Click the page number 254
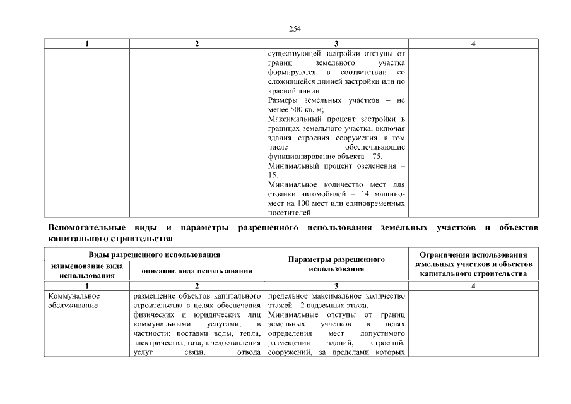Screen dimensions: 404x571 tap(294, 28)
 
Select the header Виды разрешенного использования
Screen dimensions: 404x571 tap(154, 254)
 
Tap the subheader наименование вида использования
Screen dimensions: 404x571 tap(86, 271)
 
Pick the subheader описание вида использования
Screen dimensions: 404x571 tap(196, 271)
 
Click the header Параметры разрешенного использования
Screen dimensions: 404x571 tap(336, 264)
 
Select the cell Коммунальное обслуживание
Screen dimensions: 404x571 tap(74, 300)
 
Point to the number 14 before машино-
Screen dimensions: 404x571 tap(365, 194)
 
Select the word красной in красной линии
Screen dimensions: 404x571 tap(282, 91)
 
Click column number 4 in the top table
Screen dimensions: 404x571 tap(473, 44)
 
